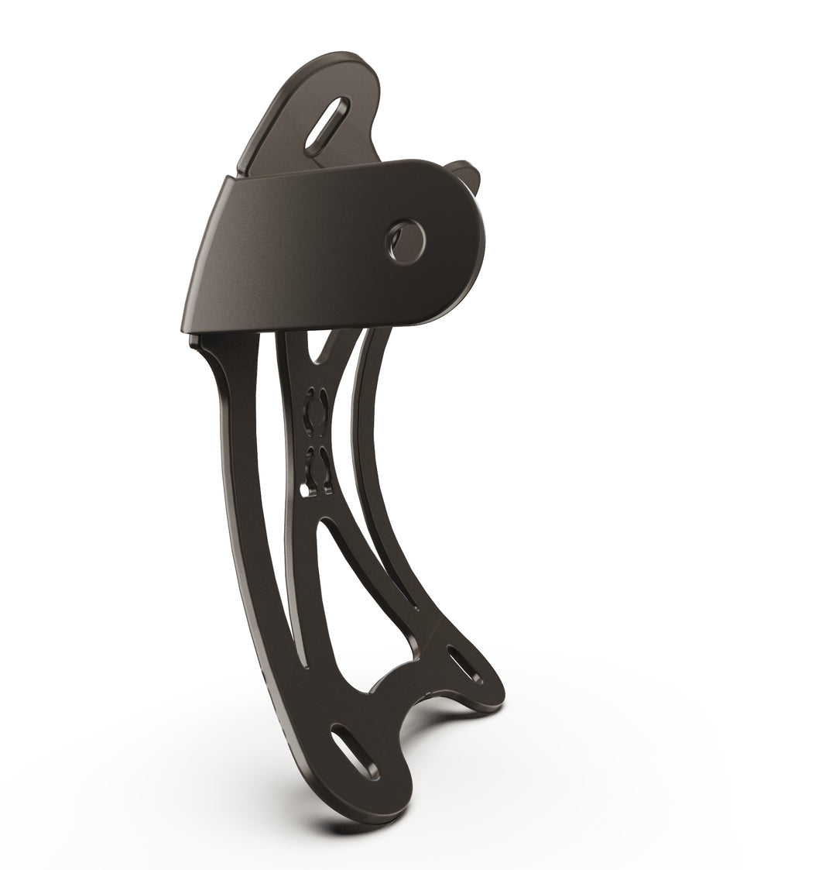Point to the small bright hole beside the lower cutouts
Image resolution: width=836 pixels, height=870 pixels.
tap(302, 490)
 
